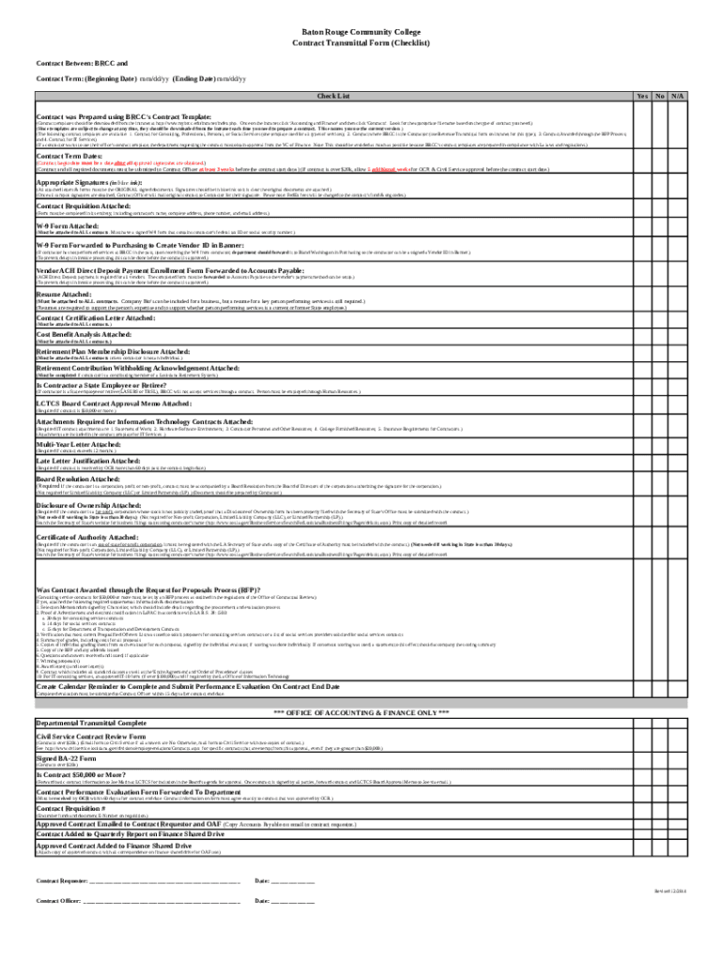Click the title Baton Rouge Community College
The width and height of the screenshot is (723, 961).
coord(361,31)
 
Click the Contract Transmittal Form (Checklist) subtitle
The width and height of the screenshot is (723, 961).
coord(361,43)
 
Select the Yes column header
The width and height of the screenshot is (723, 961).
coord(642,97)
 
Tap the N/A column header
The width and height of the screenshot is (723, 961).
coord(678,97)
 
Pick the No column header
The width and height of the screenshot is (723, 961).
coord(660,97)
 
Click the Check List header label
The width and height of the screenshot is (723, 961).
coord(333,97)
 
